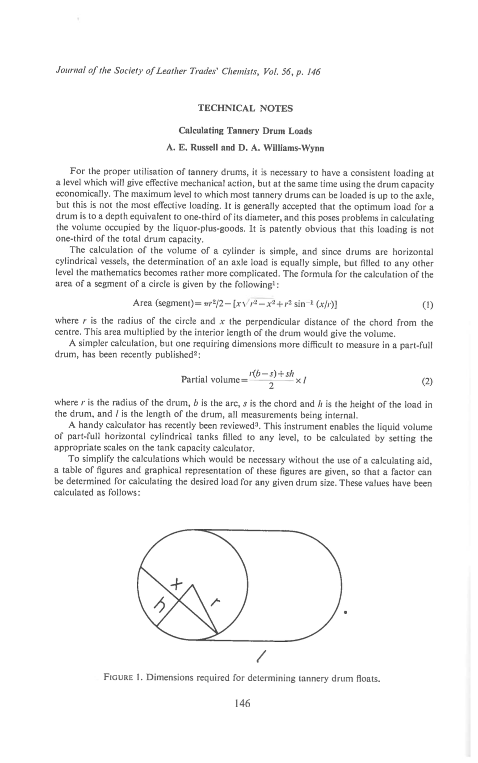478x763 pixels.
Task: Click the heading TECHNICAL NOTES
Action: (245, 108)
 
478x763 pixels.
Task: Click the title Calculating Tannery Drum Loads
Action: (245, 131)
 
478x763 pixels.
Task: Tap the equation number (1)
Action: (427, 305)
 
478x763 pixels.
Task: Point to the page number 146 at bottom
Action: (242, 703)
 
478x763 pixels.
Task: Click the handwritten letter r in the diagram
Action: (216, 603)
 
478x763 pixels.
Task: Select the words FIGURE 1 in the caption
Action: (122, 678)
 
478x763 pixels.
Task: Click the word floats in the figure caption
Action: (368, 678)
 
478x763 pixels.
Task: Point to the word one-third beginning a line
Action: (72, 240)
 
